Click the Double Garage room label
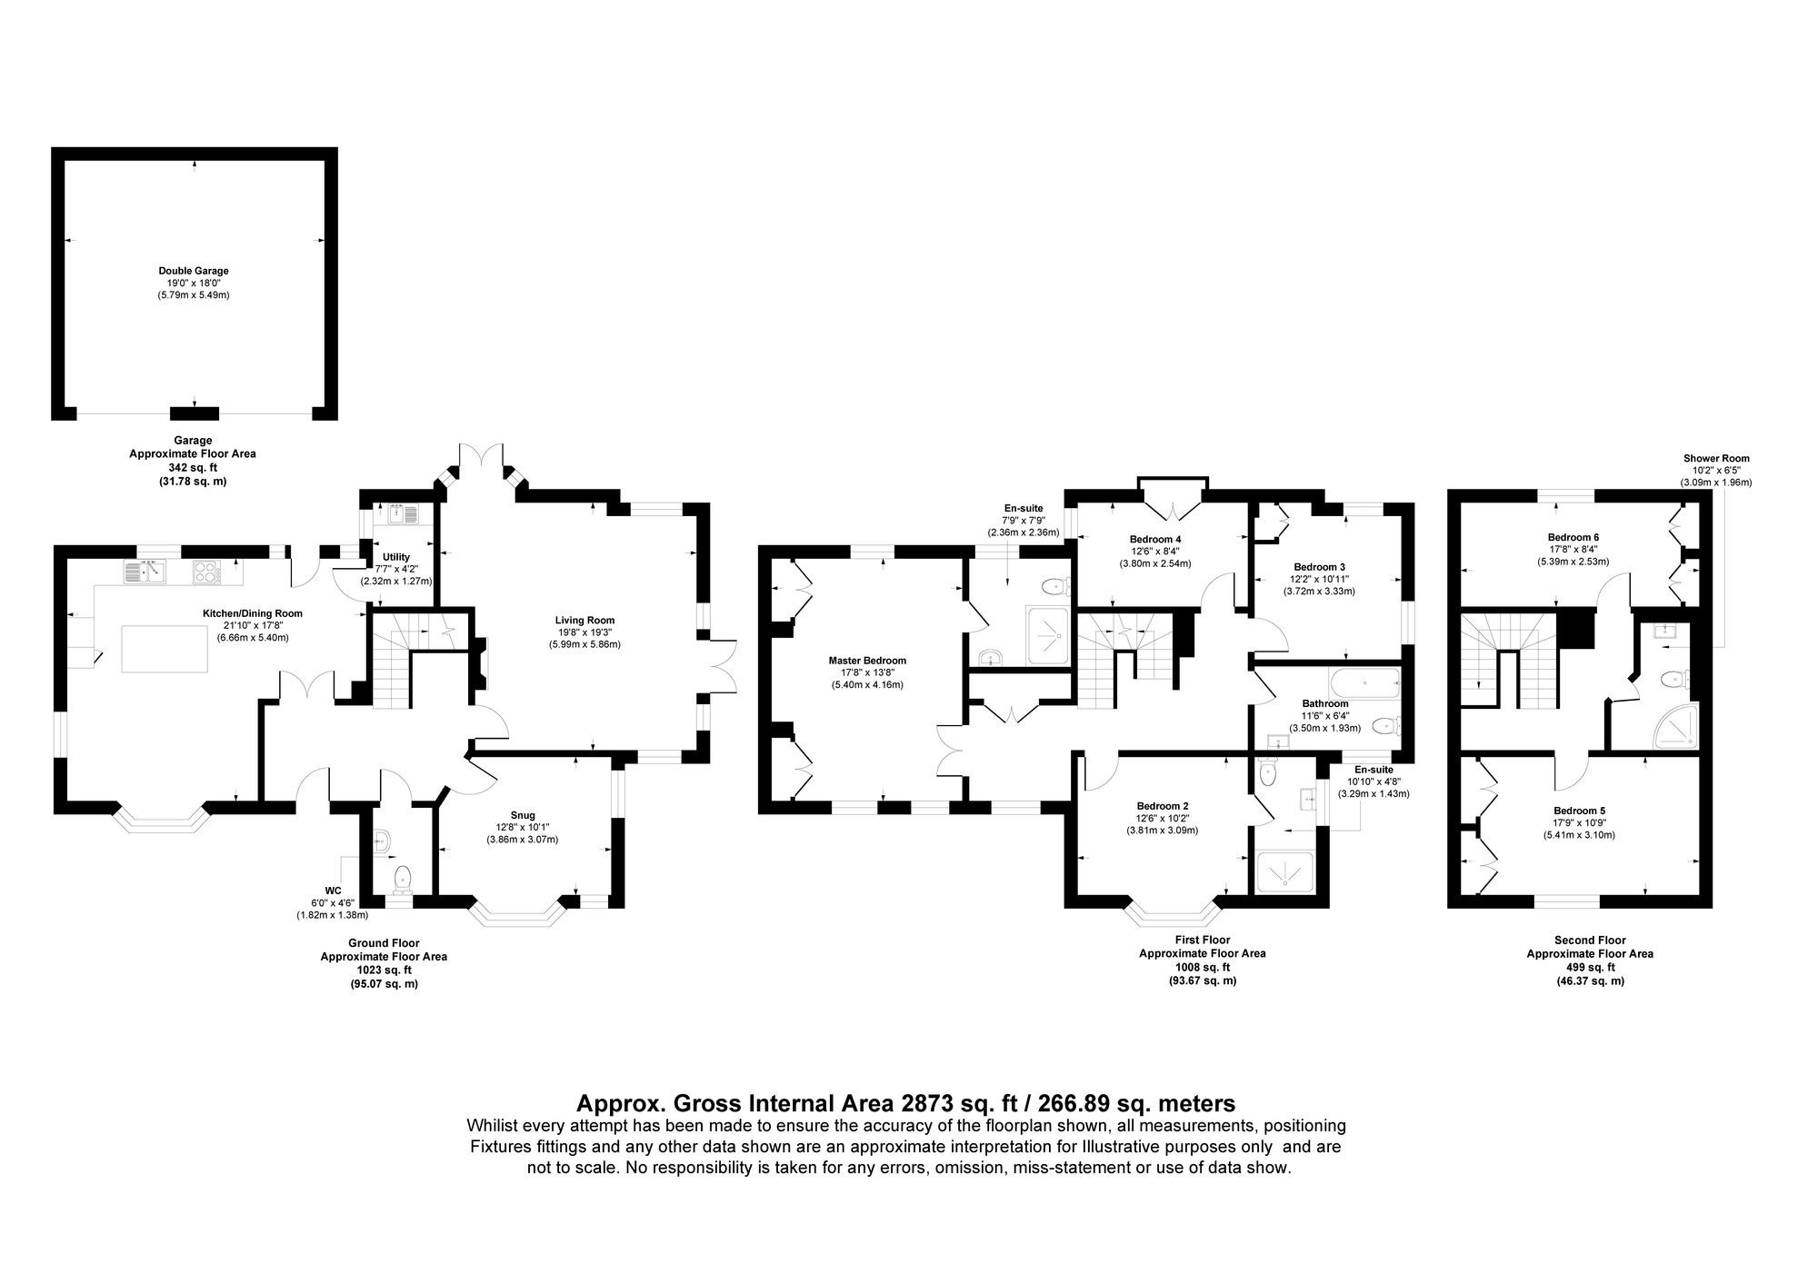pos(193,271)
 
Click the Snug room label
pos(523,815)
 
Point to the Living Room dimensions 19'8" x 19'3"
pos(584,632)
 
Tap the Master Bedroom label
pos(867,661)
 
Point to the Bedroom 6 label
pos(1573,537)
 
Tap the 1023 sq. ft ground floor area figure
pos(383,970)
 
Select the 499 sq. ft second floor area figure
pos(1589,967)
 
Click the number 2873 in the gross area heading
pos(928,1104)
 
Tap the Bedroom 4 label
pos(1155,539)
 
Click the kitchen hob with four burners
pos(205,572)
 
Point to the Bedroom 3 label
pos(1319,566)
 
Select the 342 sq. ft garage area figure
pos(192,467)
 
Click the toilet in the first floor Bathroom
pos(1385,725)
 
